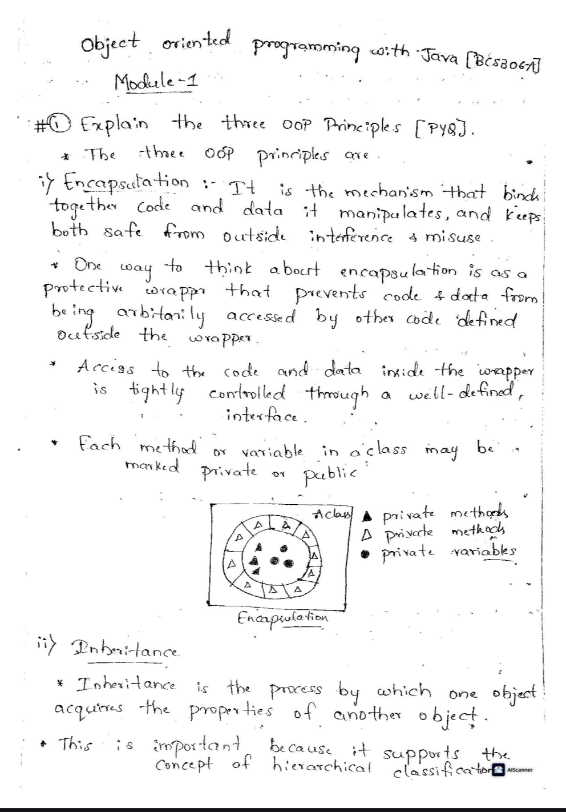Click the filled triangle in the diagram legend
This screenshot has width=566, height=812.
[x=369, y=514]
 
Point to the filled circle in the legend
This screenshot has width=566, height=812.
[x=369, y=552]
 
